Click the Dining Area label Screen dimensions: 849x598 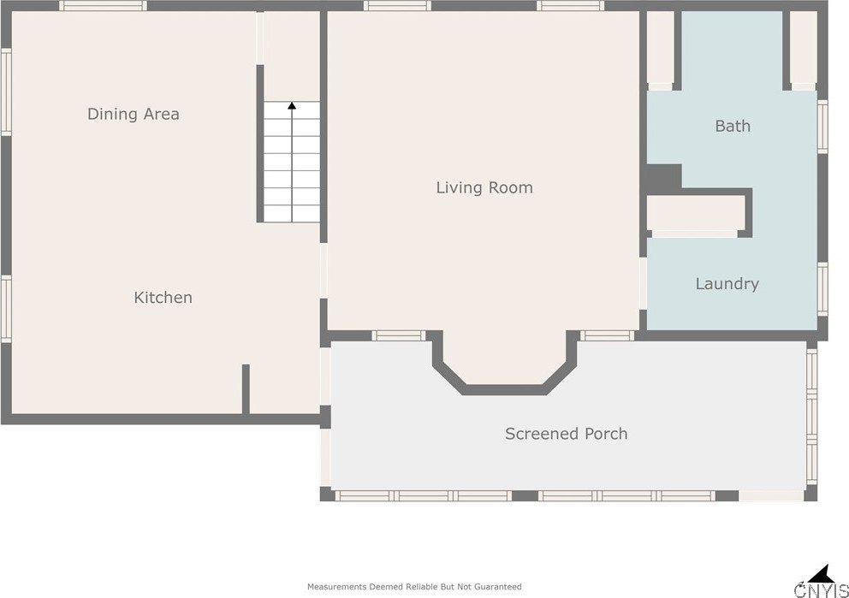[134, 114]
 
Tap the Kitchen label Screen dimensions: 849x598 [163, 297]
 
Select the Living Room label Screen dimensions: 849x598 [484, 188]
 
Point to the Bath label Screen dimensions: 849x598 [733, 126]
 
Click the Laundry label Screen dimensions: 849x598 [727, 283]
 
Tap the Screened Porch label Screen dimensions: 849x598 [567, 434]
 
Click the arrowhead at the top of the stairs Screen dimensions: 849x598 [292, 105]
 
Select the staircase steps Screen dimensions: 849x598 [292, 162]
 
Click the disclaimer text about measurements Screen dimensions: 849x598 [414, 587]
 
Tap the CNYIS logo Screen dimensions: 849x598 [822, 582]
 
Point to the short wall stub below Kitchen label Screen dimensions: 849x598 [246, 389]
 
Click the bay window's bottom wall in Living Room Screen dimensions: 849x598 [504, 389]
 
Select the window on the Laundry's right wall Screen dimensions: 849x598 [822, 289]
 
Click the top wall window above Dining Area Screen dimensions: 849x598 [103, 6]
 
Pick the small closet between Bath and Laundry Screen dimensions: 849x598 [696, 213]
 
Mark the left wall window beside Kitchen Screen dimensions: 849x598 [6, 309]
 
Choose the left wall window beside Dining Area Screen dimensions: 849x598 [6, 92]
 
